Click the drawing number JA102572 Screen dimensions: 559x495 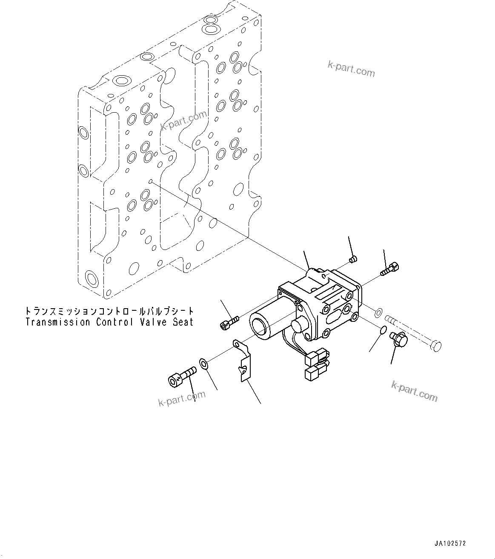[450, 543]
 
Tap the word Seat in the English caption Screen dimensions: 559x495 [183, 322]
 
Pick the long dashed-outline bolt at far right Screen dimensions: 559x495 [413, 333]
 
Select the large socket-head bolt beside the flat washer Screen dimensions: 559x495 [181, 377]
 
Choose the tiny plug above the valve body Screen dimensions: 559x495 [352, 259]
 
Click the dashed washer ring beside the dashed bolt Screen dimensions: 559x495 [378, 314]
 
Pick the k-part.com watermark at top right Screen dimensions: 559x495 [351, 69]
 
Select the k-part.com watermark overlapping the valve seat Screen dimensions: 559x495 [183, 120]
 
